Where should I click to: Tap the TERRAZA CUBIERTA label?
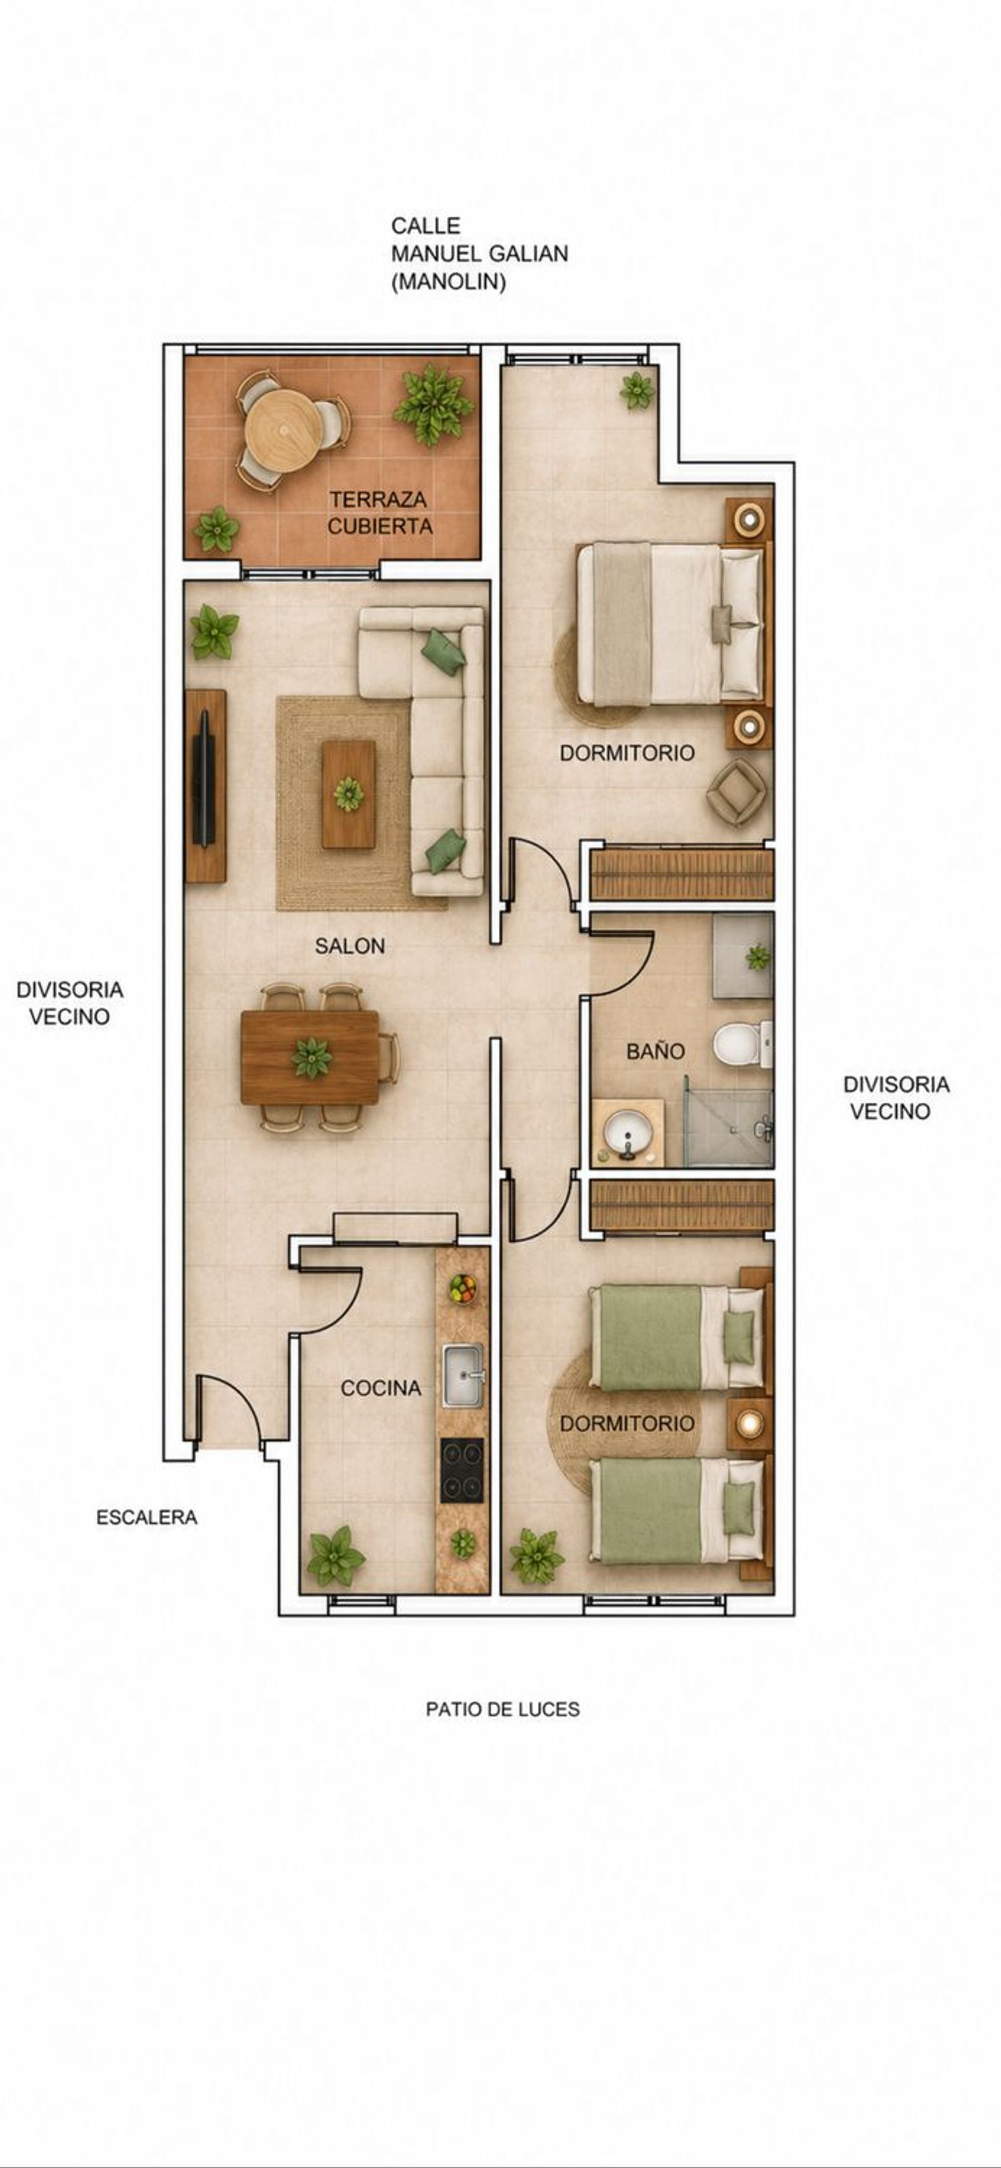[380, 513]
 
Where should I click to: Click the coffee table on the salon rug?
[348, 794]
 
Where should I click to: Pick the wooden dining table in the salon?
[310, 1057]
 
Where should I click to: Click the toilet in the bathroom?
[741, 1044]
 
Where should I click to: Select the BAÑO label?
[655, 1050]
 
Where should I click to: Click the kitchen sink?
[463, 1375]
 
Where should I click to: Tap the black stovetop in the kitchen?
[462, 1470]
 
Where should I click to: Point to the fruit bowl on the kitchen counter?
[462, 1288]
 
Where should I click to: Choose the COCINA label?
[380, 1388]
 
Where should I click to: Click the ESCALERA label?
[147, 1517]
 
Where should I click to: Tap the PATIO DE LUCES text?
[503, 1709]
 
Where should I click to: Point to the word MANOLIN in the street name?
[448, 282]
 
